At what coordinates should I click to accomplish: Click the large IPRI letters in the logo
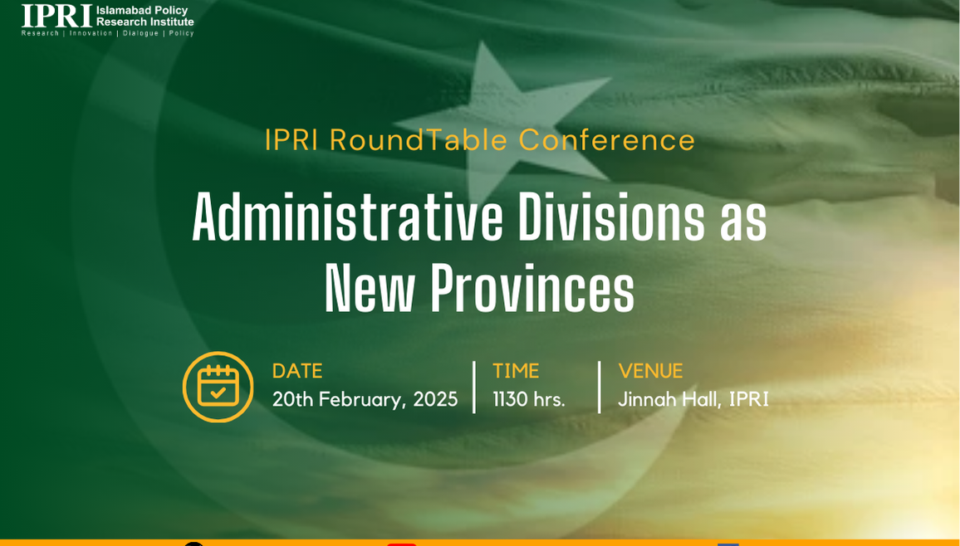pos(56,16)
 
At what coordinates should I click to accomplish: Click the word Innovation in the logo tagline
pos(91,33)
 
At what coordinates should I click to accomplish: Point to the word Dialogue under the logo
pos(141,33)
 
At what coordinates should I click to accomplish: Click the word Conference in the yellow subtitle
pos(607,140)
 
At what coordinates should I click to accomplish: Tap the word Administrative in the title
pos(347,217)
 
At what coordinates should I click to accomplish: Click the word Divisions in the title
pos(612,217)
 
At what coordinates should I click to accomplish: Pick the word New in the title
pos(370,288)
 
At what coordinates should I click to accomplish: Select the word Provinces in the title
pos(532,288)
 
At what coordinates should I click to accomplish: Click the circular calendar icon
pos(218,387)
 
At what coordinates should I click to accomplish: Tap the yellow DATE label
pos(297,371)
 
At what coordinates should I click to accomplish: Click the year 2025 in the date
pos(435,399)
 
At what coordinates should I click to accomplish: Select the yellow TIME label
pos(516,371)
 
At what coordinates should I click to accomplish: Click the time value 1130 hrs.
pos(529,399)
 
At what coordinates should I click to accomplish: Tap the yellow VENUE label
pos(650,371)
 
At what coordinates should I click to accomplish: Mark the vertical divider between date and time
pos(474,387)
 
